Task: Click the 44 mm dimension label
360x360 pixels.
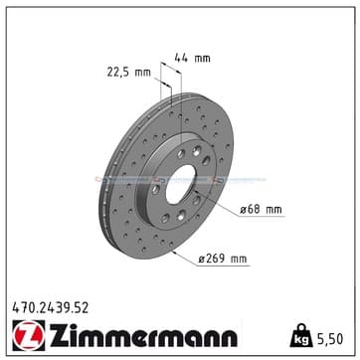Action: [192, 59]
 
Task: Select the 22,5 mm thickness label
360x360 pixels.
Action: [128, 73]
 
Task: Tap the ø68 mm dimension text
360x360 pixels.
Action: [261, 210]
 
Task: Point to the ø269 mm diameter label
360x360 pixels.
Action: [223, 259]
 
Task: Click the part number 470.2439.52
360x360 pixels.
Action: [51, 308]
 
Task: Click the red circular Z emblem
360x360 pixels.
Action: [29, 335]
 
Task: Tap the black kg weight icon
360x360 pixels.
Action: [301, 336]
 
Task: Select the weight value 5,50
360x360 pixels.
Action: [329, 339]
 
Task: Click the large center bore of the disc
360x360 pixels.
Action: [180, 184]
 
